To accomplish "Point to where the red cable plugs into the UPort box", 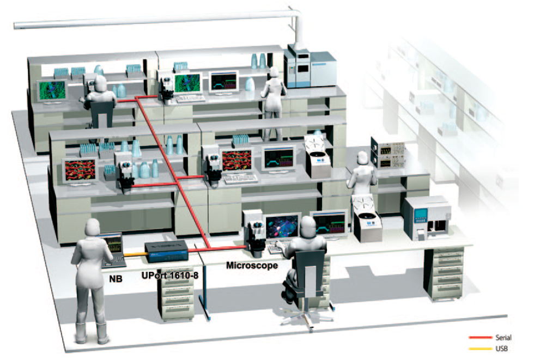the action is [x=189, y=251].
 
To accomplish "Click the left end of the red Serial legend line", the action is [x=470, y=338].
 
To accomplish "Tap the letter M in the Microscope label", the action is [x=231, y=265].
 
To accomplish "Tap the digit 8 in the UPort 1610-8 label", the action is [x=196, y=275].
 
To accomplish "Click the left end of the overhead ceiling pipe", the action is [x=15, y=26].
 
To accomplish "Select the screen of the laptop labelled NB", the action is [x=112, y=245].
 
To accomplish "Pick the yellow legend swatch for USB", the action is [x=481, y=349].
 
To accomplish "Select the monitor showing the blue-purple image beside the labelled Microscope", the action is [x=282, y=226].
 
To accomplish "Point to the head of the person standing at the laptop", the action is [x=92, y=227].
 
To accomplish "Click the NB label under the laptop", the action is [x=116, y=279].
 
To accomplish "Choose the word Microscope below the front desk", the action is [x=252, y=265].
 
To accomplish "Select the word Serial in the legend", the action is [x=503, y=338].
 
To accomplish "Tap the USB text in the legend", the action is [x=502, y=349].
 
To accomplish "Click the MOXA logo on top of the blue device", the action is [x=167, y=245].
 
